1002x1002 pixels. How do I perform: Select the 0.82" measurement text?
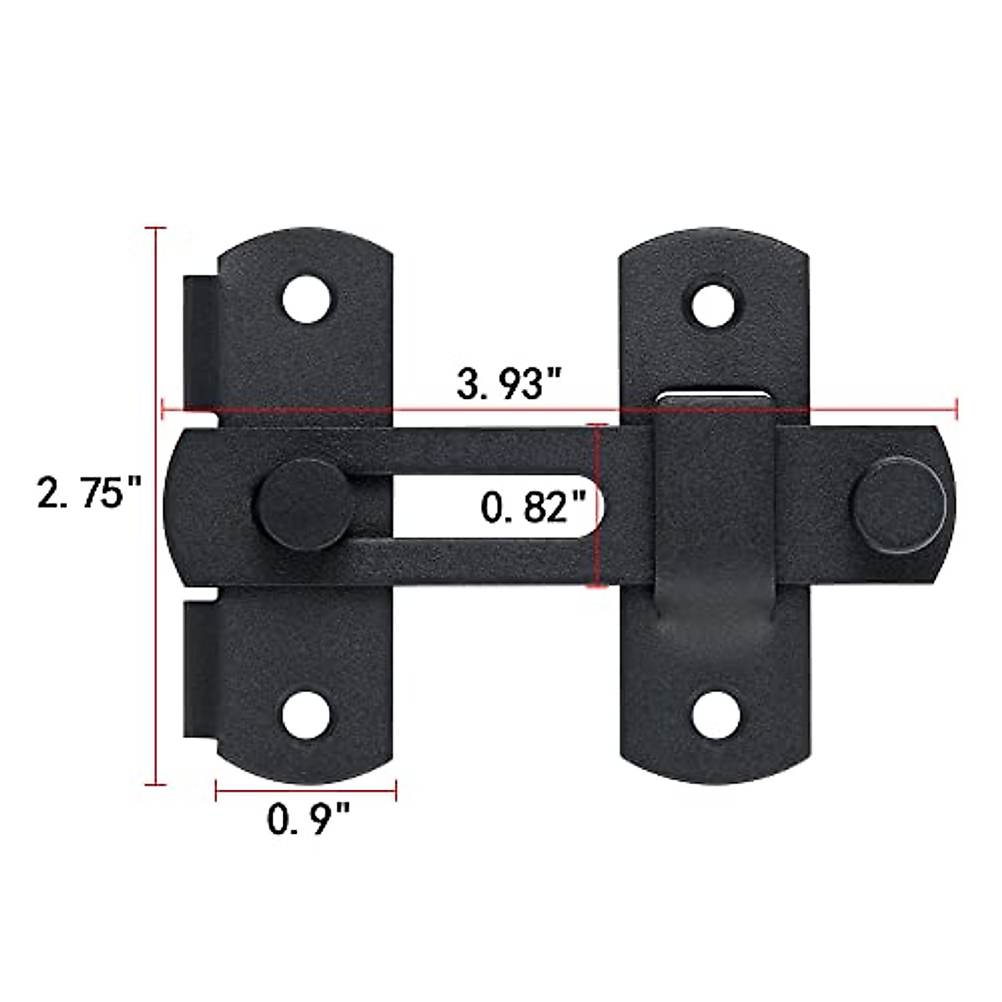click(530, 506)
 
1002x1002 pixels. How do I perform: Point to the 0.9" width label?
click(307, 819)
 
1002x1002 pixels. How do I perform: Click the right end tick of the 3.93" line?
click(956, 409)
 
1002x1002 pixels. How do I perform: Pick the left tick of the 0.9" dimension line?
click(216, 790)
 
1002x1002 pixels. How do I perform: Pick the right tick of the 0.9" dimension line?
click(395, 790)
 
